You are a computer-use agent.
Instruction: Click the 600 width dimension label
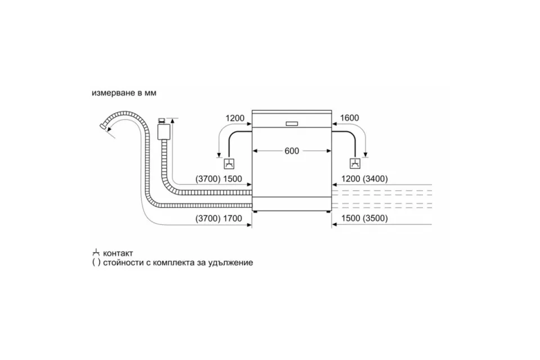[x=292, y=151]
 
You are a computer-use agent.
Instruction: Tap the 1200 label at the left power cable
[x=235, y=118]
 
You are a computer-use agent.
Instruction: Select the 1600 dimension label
[x=349, y=118]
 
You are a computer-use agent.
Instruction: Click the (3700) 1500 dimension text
[x=219, y=179]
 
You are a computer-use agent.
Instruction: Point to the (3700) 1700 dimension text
[x=219, y=218]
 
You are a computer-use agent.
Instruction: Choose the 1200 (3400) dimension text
[x=364, y=179]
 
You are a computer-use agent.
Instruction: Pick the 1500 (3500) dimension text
[x=364, y=218]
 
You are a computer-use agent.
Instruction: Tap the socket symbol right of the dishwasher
[x=355, y=164]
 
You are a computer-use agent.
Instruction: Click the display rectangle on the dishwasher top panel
[x=292, y=124]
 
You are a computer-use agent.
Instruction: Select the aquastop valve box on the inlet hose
[x=164, y=131]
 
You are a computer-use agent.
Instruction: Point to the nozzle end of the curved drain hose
[x=102, y=126]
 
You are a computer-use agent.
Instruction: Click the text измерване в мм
[x=124, y=93]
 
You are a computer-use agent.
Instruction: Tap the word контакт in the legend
[x=118, y=254]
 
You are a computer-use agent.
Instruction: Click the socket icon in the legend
[x=96, y=253]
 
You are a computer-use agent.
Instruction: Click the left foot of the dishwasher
[x=255, y=210]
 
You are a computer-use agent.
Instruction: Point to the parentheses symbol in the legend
[x=96, y=263]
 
